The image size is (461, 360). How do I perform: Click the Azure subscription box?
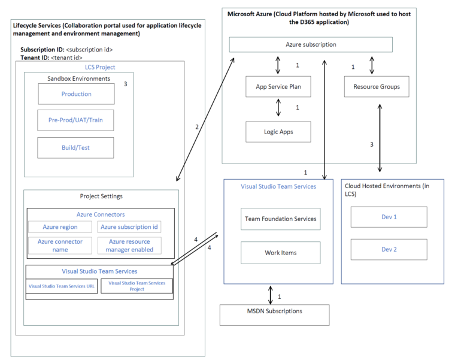(311, 44)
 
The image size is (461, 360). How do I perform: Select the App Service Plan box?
(278, 86)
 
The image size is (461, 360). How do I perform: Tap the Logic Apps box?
(278, 131)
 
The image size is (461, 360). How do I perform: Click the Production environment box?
(76, 94)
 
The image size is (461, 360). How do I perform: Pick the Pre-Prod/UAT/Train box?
(76, 120)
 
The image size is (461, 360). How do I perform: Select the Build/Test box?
(76, 147)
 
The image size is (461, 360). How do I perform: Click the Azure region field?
(60, 226)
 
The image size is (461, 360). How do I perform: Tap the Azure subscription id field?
(130, 226)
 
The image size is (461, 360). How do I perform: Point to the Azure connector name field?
(60, 245)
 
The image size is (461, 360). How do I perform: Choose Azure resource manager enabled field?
(130, 245)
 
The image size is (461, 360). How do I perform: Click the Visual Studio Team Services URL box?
(62, 286)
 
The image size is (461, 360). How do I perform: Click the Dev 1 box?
(389, 217)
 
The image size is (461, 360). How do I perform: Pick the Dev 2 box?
(389, 249)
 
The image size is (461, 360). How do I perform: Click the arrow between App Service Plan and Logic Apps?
(278, 108)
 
